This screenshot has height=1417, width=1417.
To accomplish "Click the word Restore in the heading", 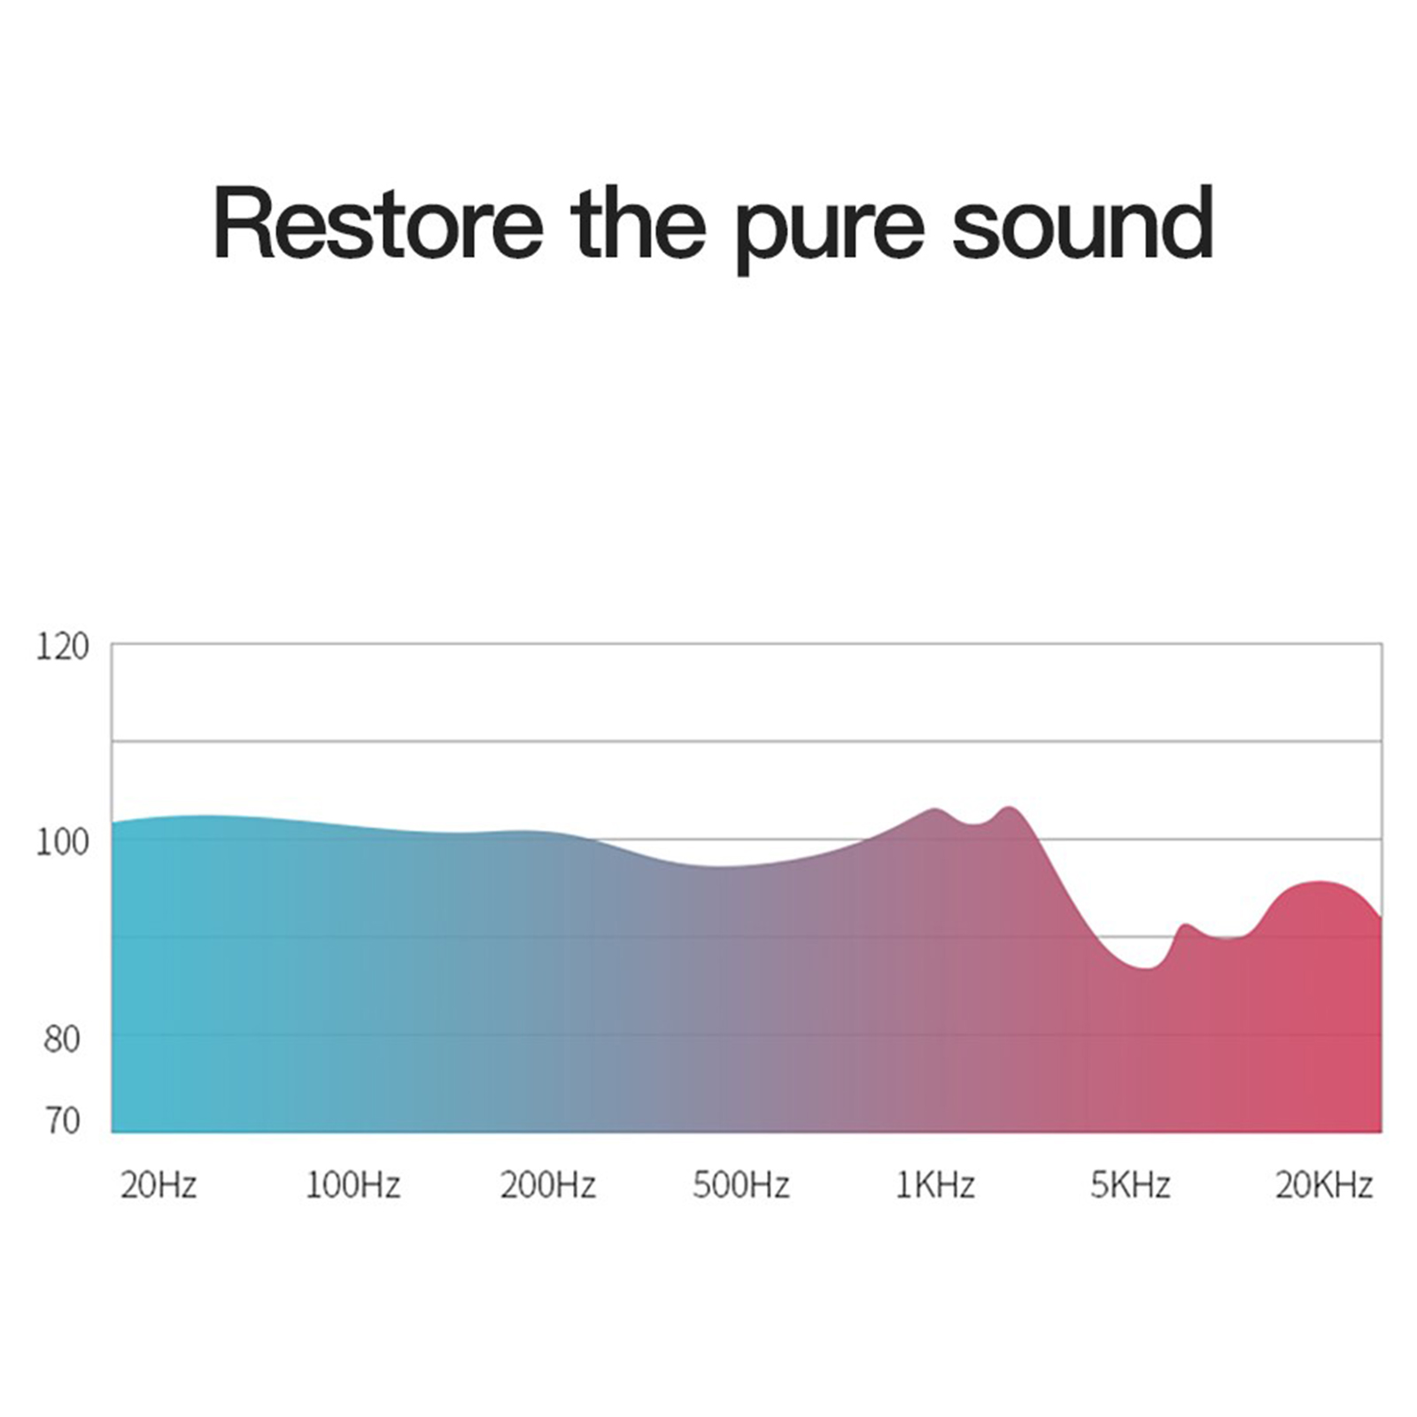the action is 378,223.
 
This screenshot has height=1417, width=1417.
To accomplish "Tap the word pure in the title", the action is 830,231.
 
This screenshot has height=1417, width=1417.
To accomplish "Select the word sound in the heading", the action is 1082,223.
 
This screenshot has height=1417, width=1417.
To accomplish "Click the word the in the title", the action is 639,223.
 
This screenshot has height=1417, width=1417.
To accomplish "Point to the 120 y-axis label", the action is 62,647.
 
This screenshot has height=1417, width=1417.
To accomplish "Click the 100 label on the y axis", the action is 62,842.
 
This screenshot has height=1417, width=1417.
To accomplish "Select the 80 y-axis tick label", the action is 62,1039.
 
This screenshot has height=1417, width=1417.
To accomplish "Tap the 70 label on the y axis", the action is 62,1121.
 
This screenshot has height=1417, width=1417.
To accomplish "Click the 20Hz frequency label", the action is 159,1185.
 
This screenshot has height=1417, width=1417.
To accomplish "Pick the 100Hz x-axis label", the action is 353,1185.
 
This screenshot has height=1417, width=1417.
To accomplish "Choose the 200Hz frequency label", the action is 548,1185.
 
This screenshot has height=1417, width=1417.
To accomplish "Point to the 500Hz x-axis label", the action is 741,1185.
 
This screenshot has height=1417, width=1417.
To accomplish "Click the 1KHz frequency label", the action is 935,1185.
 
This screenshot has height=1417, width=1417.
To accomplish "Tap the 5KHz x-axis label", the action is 1130,1185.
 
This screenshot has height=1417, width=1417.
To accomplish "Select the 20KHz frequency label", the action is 1324,1185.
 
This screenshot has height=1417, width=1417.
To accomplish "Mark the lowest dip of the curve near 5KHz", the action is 1147,968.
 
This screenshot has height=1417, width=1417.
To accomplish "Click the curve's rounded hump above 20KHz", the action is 1320,882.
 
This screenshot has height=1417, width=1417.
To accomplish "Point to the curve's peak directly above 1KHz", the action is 935,809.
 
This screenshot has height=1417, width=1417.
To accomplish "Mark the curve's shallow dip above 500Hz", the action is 722,866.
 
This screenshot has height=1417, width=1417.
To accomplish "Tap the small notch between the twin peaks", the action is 975,825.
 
